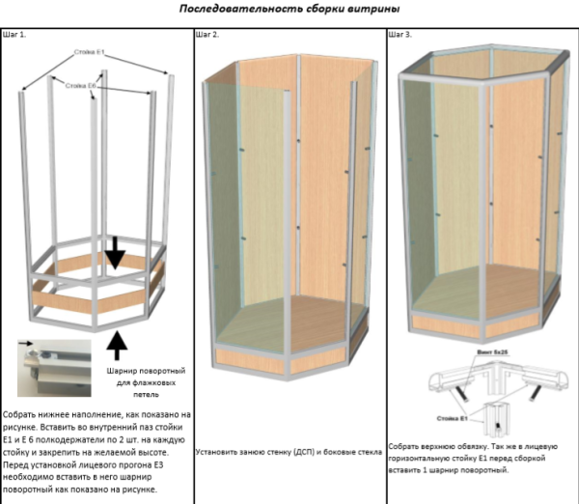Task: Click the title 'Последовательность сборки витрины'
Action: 289,9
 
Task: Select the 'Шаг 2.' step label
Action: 207,35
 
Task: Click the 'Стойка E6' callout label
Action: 81,86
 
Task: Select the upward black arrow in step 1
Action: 116,343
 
